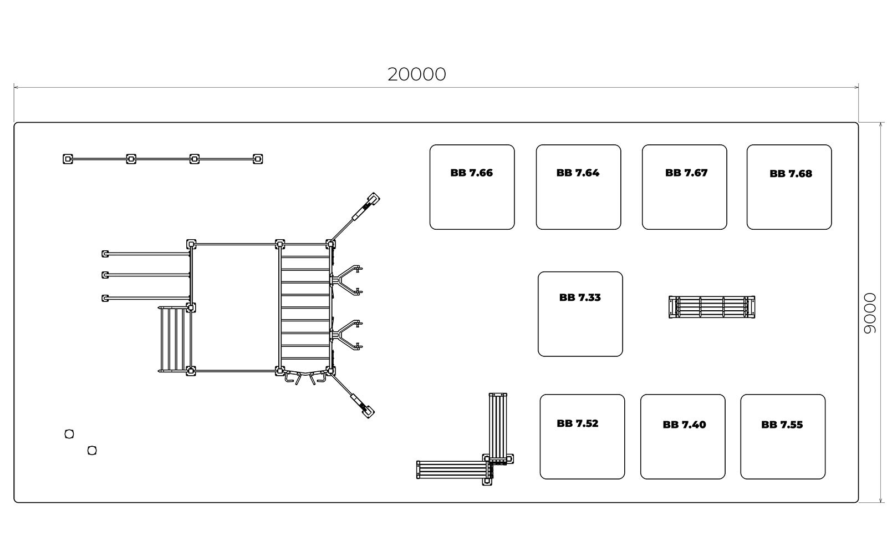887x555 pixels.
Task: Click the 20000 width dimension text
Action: pyautogui.click(x=416, y=74)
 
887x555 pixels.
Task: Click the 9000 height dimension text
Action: pyautogui.click(x=870, y=313)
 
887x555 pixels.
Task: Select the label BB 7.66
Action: pyautogui.click(x=472, y=173)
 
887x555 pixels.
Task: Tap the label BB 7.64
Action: pyautogui.click(x=578, y=173)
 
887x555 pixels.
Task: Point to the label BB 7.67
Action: pyautogui.click(x=686, y=173)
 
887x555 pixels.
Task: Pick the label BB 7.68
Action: pyautogui.click(x=791, y=174)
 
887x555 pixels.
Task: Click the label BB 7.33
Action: pyautogui.click(x=580, y=297)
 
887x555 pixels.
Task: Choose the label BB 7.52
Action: pyautogui.click(x=577, y=423)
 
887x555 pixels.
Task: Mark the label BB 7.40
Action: pyautogui.click(x=684, y=425)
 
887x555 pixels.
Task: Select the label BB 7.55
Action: pyautogui.click(x=782, y=425)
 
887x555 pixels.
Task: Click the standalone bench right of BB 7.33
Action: pyautogui.click(x=712, y=307)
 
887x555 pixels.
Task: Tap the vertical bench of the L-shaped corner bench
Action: pyautogui.click(x=498, y=428)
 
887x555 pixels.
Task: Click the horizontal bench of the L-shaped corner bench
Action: pyautogui.click(x=455, y=470)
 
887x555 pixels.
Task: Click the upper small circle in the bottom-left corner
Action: pyautogui.click(x=69, y=434)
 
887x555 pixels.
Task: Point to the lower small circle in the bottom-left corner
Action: pyautogui.click(x=92, y=450)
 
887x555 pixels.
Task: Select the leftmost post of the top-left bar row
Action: pyautogui.click(x=68, y=159)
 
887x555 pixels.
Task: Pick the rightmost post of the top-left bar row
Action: pyautogui.click(x=258, y=159)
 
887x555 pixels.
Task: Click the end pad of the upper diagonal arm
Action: pyautogui.click(x=374, y=198)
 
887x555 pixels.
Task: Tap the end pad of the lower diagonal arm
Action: pyautogui.click(x=368, y=412)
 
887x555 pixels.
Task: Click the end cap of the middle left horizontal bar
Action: pyautogui.click(x=105, y=275)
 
